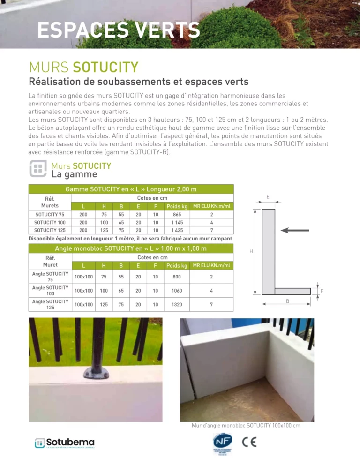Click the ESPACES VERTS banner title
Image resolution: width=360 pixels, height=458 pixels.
[119, 30]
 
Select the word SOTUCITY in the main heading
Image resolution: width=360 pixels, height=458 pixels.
[105, 67]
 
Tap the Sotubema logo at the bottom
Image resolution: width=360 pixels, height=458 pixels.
[64, 443]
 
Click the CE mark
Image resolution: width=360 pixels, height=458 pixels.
[249, 442]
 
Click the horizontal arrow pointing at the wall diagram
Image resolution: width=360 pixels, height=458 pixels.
[295, 230]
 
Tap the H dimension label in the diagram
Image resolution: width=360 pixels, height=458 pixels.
[251, 252]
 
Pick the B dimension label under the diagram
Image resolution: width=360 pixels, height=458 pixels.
[287, 301]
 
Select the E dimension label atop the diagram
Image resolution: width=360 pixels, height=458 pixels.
[268, 197]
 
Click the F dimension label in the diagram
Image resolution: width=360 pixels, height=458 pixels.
[322, 291]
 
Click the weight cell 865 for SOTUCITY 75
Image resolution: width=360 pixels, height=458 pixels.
[177, 214]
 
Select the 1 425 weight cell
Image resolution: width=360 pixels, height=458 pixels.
[177, 230]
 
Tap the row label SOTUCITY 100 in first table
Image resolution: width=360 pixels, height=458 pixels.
[50, 222]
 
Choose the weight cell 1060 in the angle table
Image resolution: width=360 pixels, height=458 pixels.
[177, 291]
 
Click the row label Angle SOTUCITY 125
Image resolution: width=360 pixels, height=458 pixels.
[50, 305]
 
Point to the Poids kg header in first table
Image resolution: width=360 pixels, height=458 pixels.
[177, 206]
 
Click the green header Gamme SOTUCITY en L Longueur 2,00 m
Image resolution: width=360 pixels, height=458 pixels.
[131, 189]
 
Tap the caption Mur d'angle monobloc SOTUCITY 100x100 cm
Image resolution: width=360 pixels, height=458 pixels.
[246, 426]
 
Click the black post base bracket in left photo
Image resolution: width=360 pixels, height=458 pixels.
[96, 373]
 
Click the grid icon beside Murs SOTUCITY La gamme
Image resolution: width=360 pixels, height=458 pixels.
[37, 169]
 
